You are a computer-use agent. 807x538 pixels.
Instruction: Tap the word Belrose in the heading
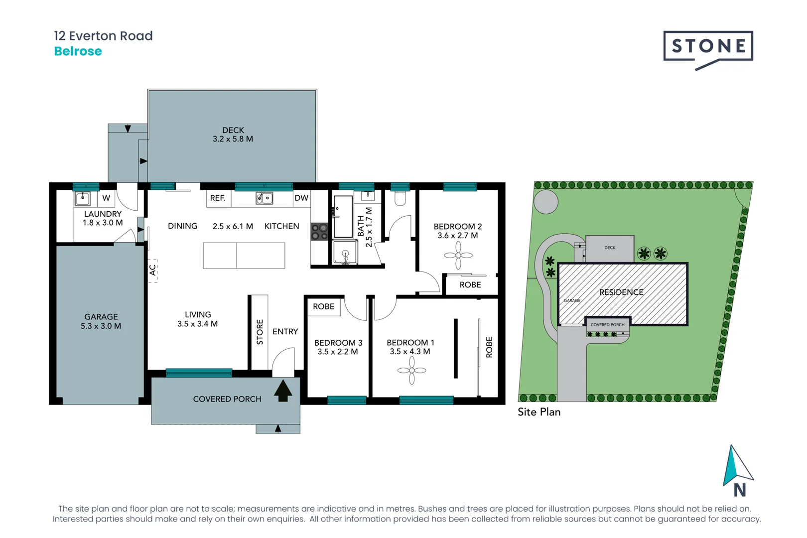pos(78,51)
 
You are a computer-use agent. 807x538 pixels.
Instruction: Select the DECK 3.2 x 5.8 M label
pos(233,134)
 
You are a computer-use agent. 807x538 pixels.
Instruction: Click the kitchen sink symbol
pos(264,198)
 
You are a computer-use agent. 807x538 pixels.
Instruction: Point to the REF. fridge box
pos(218,198)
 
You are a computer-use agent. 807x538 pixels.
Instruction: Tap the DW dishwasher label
pos(301,198)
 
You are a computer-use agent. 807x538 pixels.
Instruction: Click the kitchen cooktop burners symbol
pos(319,232)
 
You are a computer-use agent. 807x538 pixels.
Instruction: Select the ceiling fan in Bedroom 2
pos(458,256)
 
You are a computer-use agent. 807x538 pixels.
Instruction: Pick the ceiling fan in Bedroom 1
pos(411,370)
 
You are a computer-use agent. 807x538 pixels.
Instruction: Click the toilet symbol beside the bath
pos(400,199)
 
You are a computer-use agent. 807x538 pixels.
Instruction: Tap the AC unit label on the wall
pos(152,270)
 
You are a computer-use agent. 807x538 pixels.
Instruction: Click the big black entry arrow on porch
pos(283,391)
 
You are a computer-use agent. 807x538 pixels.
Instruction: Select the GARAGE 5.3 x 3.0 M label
pos(101,321)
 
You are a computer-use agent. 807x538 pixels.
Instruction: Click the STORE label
pos(260,332)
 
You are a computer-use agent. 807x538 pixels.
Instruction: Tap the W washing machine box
pos(106,198)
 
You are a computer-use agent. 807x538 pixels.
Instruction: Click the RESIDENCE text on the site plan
pos(621,292)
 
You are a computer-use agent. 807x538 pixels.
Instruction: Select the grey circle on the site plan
pos(546,202)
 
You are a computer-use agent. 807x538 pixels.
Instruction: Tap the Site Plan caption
pos(539,412)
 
